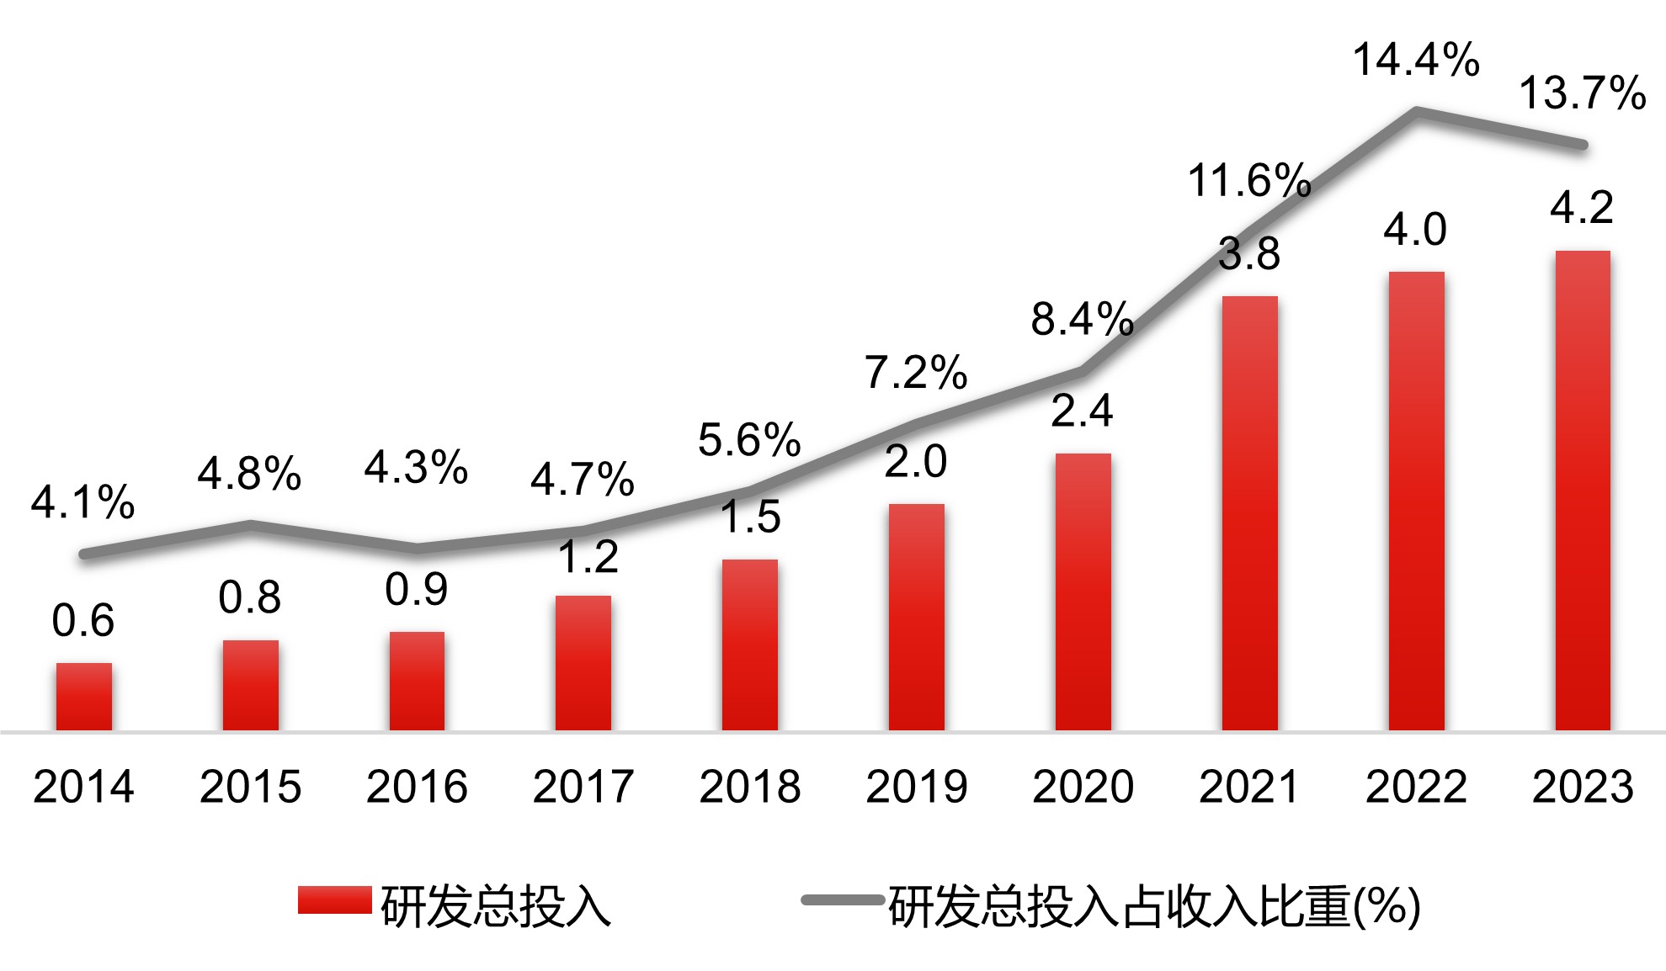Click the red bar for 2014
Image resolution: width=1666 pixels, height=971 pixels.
tap(83, 697)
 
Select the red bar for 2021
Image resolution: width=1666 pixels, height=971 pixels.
tap(1249, 513)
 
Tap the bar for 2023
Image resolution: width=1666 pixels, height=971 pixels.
tap(1583, 491)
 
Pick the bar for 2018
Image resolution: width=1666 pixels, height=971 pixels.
tap(749, 645)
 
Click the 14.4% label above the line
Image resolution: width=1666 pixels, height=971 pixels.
tap(1416, 61)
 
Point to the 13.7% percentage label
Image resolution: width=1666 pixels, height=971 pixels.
tap(1582, 93)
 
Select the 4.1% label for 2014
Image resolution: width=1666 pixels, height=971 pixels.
tap(83, 502)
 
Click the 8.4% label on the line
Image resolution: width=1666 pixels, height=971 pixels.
tap(1083, 320)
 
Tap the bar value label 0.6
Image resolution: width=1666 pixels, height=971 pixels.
tap(83, 621)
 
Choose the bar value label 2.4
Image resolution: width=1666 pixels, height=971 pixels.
tap(1083, 411)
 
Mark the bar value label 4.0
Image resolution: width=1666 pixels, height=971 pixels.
tap(1415, 229)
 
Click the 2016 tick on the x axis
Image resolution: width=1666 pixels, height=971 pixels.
tap(417, 787)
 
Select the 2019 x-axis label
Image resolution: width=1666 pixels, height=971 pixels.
tap(916, 787)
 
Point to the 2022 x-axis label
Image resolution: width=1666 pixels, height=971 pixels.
tap(1416, 787)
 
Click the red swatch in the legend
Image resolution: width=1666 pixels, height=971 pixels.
tap(334, 899)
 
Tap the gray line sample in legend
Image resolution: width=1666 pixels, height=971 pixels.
tap(842, 899)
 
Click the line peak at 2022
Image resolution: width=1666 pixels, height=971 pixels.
tap(1416, 110)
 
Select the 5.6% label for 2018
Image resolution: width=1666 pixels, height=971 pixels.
tap(749, 440)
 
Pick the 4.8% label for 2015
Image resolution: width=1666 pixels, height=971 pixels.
tap(249, 474)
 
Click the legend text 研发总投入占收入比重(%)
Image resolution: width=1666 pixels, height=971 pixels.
tap(1154, 907)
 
